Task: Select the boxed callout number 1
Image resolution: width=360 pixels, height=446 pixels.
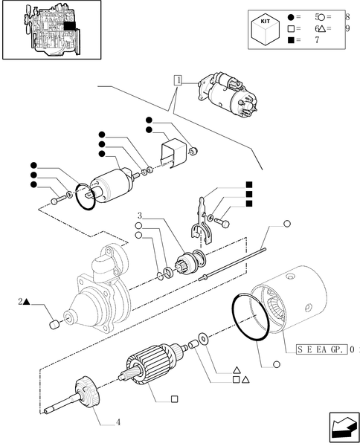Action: (178, 79)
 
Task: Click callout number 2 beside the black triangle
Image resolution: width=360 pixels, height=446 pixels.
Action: (19, 302)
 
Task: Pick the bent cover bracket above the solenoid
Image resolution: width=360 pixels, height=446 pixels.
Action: (172, 155)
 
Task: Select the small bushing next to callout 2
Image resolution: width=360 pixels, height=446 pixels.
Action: (54, 325)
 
